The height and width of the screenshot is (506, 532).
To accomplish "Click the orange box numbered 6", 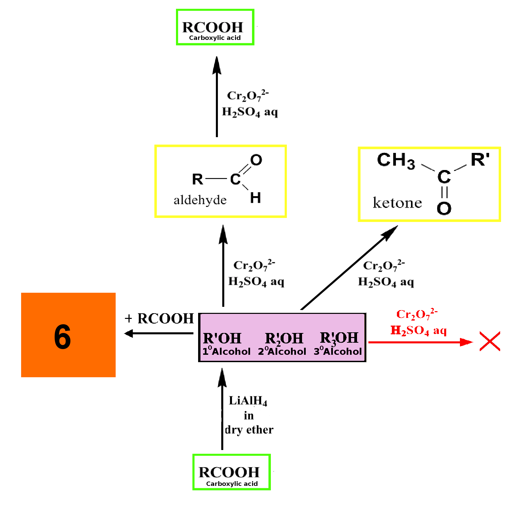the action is point(68,335).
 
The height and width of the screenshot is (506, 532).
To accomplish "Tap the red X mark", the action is point(490,341).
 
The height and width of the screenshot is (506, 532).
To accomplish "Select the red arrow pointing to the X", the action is point(421,342).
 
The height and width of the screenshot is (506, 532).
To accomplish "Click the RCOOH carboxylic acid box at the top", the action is point(215,27).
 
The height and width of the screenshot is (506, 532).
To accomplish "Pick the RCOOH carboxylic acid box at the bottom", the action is point(232,472).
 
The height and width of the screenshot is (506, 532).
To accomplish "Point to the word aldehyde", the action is point(200,200).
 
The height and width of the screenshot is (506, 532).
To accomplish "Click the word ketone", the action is point(397,203).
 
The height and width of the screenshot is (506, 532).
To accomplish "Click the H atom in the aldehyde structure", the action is point(255,198).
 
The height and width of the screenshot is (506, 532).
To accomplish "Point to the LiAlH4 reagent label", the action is point(248,401).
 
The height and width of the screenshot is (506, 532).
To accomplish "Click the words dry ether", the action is point(249,430).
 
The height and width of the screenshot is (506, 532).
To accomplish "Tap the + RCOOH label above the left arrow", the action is point(159,318).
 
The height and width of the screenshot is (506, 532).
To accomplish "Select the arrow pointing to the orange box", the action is point(159,333).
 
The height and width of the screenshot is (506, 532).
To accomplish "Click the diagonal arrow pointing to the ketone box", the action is point(349,267).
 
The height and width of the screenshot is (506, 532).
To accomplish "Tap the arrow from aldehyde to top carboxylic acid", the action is point(217,97).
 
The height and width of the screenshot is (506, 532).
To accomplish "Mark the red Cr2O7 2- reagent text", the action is point(417,314).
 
